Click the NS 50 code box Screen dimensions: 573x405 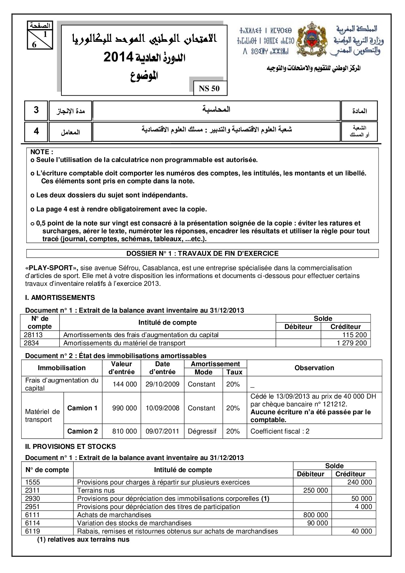(x=209, y=89)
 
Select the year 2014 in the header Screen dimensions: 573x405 (x=118, y=57)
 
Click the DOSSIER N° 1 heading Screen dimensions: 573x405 (x=202, y=254)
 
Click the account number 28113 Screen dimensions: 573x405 (x=33, y=335)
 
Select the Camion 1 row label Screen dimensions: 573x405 (x=82, y=408)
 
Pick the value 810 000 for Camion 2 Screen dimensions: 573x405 (x=124, y=431)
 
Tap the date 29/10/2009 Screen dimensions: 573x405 (x=162, y=384)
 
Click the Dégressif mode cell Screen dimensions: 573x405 (x=202, y=431)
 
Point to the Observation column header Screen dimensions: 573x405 (x=314, y=368)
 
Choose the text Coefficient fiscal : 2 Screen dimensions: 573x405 (x=280, y=431)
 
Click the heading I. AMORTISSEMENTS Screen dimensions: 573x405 (x=60, y=298)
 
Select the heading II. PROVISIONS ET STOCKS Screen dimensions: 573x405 (x=71, y=447)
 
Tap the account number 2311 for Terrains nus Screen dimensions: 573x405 (x=32, y=490)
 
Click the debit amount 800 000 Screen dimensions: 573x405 (x=316, y=515)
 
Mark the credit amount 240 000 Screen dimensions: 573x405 (x=360, y=482)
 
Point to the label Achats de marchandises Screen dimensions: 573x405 (x=114, y=515)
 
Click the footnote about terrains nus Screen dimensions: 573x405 (x=83, y=539)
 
